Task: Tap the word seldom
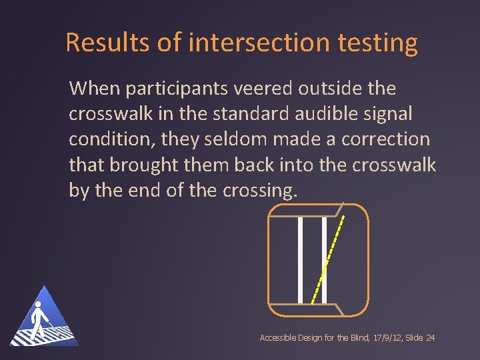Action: pos(218,139)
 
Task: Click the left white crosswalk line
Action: pos(301,259)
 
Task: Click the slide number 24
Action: pos(430,339)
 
